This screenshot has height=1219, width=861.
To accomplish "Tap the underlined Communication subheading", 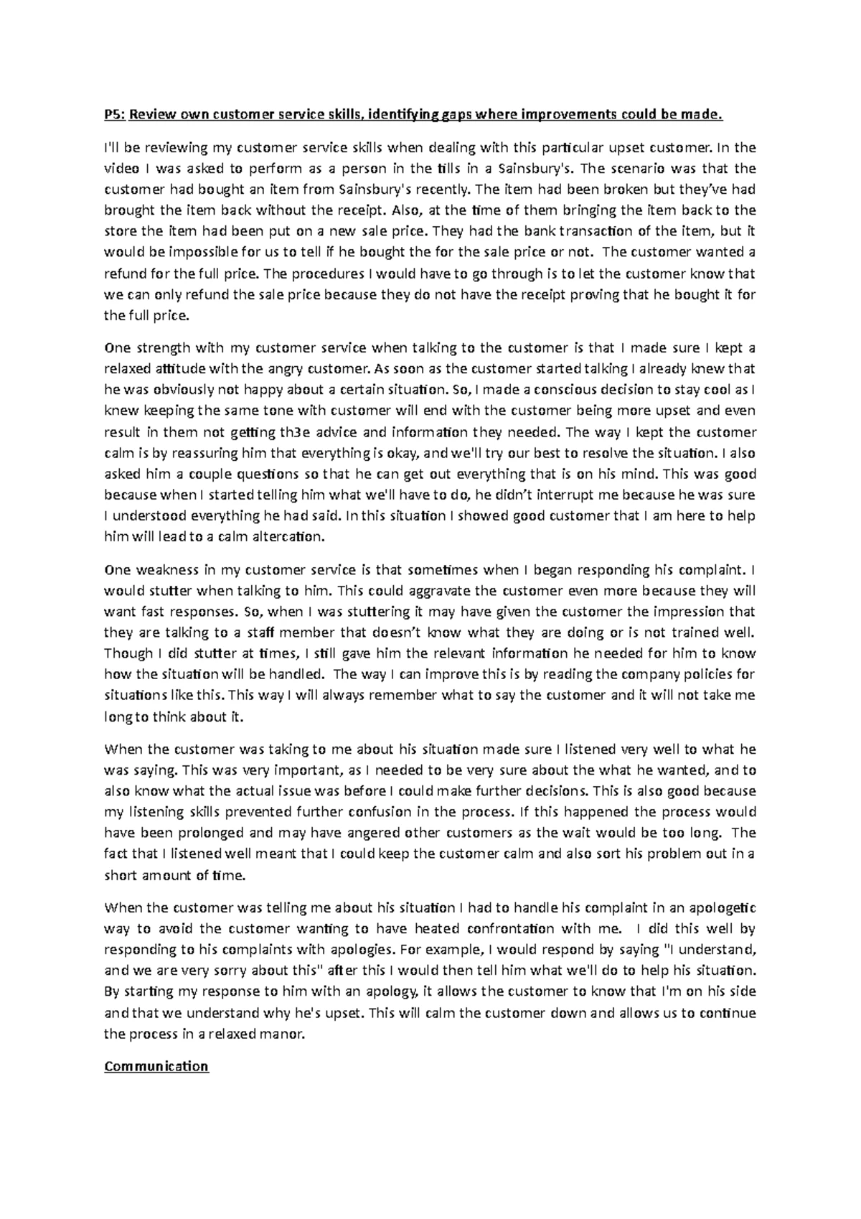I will (156, 1066).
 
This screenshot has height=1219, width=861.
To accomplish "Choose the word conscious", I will (565, 390).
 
